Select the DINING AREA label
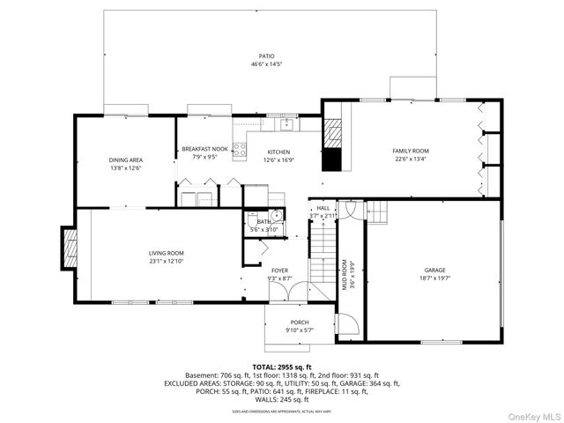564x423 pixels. click(126, 160)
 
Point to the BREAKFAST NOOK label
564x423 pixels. click(205, 150)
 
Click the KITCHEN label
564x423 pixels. click(278, 152)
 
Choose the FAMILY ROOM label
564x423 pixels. click(411, 151)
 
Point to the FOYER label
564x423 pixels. click(279, 271)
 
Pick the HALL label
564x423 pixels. click(323, 208)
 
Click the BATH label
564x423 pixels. click(263, 222)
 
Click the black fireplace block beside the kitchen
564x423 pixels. click(332, 160)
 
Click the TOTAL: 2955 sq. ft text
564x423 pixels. click(282, 367)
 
